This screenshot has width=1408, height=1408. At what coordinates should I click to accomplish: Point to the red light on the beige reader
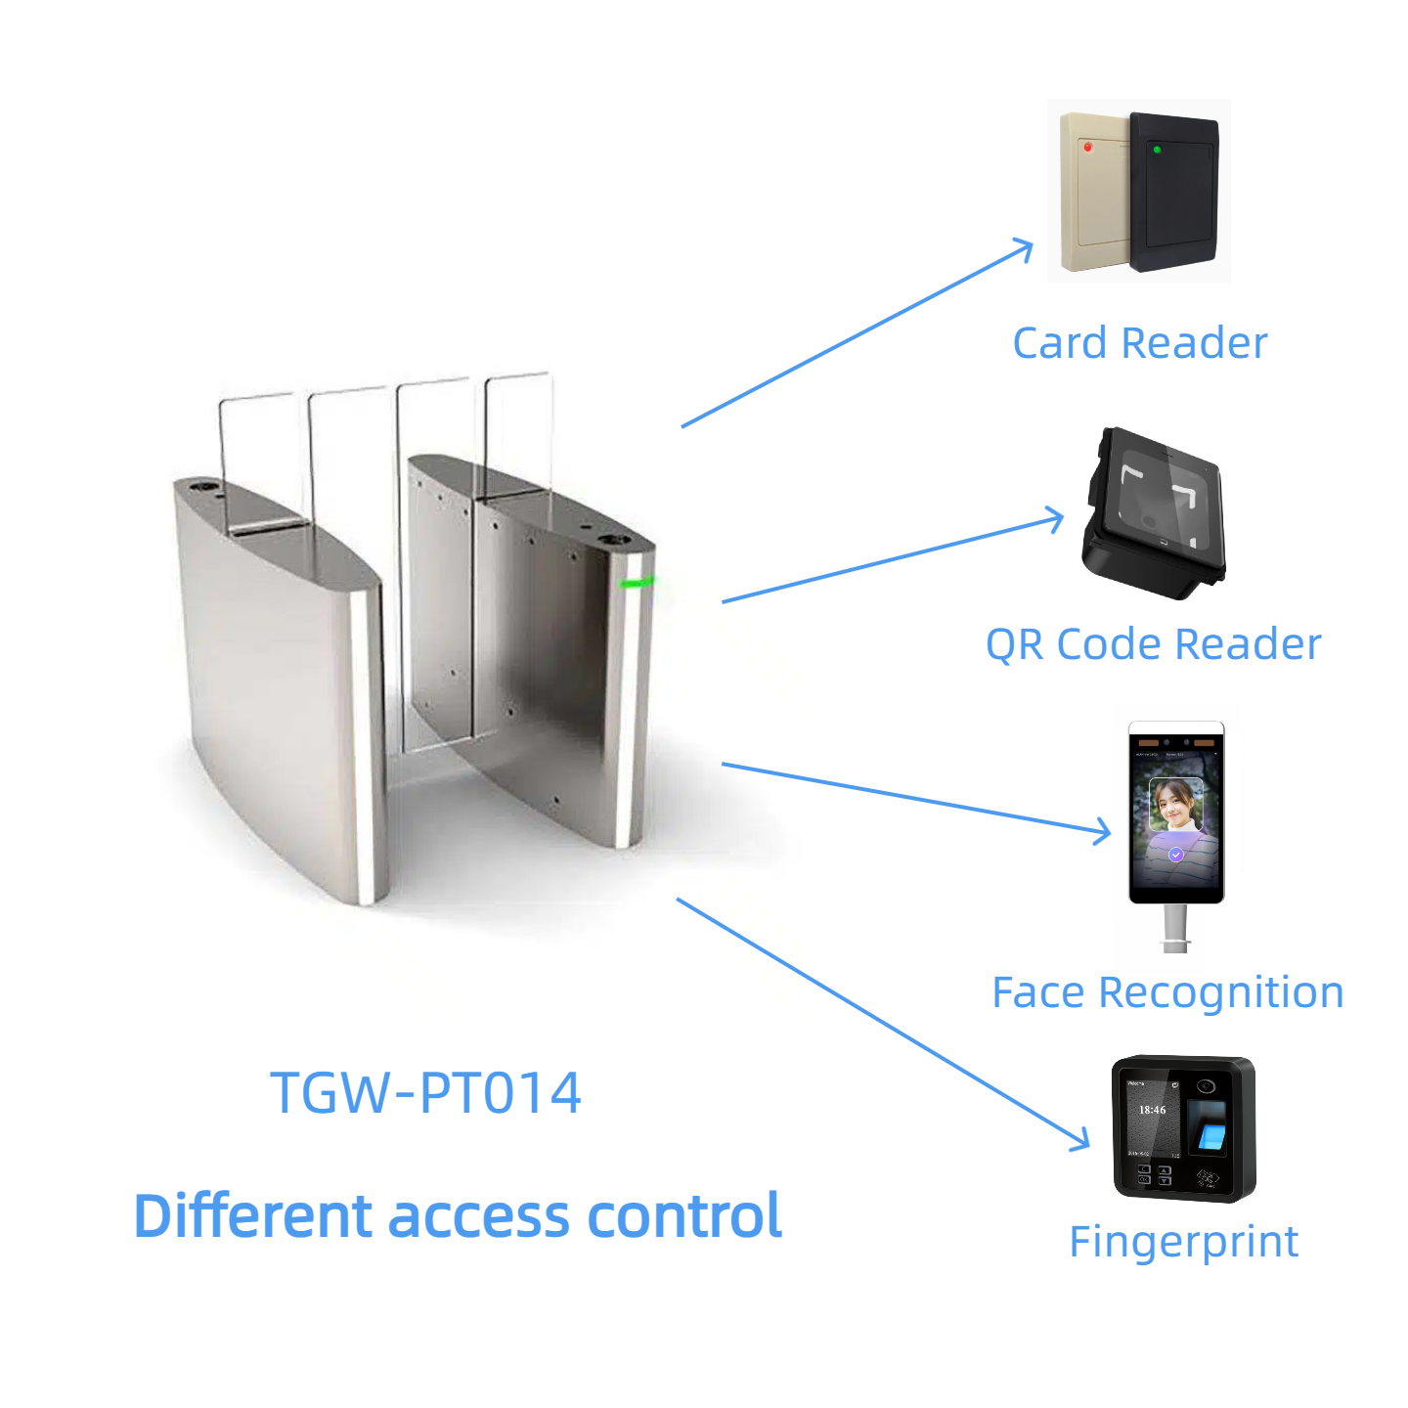click(1088, 147)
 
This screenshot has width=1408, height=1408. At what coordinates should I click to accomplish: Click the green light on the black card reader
click(1157, 150)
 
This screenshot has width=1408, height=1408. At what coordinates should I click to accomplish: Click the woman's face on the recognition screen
click(1174, 804)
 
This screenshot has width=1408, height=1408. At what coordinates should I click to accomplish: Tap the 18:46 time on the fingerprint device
click(1152, 1110)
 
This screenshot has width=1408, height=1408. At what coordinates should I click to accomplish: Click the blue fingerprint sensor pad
click(1211, 1136)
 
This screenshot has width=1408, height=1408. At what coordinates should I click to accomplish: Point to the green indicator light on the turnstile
click(637, 583)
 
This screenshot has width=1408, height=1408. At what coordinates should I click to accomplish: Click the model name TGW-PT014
click(425, 1093)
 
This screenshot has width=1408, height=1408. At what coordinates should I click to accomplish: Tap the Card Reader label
click(1140, 343)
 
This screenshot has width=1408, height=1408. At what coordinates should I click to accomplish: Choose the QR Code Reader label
click(1153, 644)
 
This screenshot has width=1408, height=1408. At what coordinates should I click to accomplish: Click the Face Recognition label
click(1167, 992)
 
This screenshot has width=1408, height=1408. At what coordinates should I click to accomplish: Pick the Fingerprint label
click(1183, 1242)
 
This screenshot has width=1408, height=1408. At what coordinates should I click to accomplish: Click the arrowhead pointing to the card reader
click(1025, 247)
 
